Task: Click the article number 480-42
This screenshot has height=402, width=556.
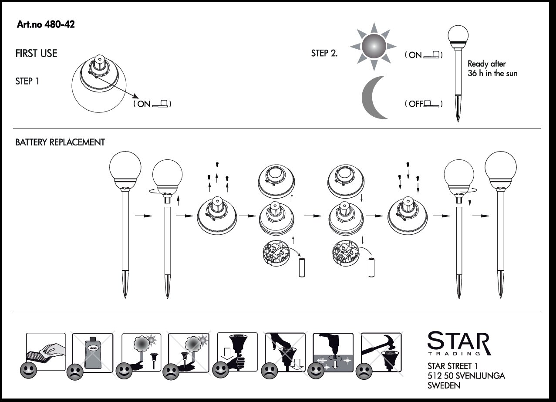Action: (x=46, y=24)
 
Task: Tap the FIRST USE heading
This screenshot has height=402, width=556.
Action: (x=36, y=54)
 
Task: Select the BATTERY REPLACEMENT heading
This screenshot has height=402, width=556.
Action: (x=60, y=142)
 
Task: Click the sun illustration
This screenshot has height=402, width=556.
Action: (x=374, y=47)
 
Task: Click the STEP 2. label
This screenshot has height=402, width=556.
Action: (x=324, y=53)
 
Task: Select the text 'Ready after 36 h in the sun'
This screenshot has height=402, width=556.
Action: (x=492, y=68)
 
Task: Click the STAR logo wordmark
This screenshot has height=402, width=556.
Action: (x=459, y=343)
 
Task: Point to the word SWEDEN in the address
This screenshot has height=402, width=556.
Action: (x=444, y=385)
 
